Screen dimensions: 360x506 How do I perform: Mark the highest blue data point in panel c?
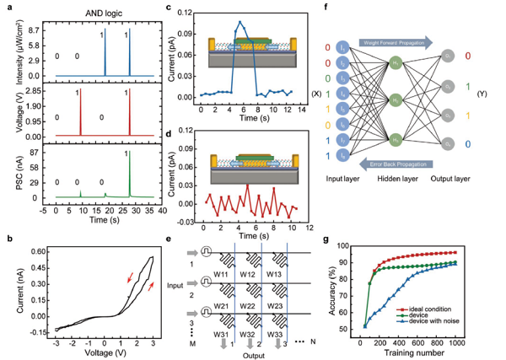pyautogui.click(x=240, y=22)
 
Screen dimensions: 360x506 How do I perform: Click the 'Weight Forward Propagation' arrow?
pyautogui.click(x=396, y=41)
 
